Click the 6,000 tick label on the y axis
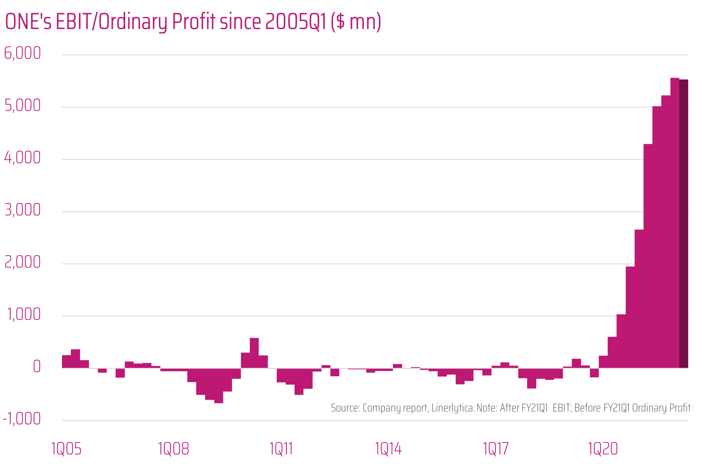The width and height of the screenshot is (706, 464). pos(22,53)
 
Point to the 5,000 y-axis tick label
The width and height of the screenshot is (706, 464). pos(22,106)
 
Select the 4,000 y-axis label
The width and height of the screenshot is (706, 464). pos(22,158)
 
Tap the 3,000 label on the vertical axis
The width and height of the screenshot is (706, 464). pos(22,210)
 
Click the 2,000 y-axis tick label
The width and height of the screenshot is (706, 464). pos(22,262)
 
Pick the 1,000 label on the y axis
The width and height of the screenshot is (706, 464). pos(23,315)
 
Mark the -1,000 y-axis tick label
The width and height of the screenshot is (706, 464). pos(21,419)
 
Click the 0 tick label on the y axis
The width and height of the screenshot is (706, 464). pos(36,367)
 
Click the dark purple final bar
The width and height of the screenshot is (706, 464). pos(683,223)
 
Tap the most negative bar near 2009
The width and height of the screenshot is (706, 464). pos(219,386)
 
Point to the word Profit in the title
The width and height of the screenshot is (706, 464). pos(193,22)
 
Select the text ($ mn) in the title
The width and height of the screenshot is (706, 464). pos(356,22)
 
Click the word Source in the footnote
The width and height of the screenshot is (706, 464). pos(345,408)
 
